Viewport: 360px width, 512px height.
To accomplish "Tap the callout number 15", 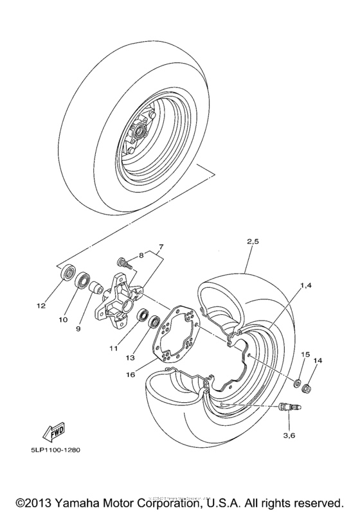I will click(x=305, y=355).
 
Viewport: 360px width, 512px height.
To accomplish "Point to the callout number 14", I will click(x=316, y=361).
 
